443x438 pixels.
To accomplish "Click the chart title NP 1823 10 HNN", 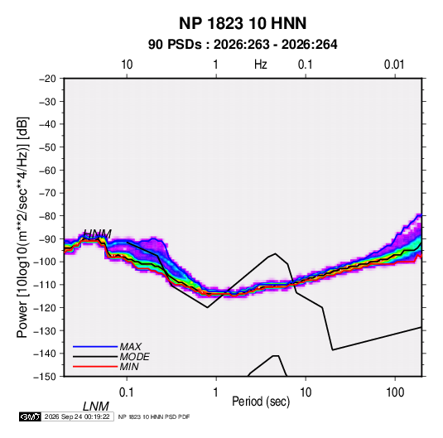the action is (x=243, y=23).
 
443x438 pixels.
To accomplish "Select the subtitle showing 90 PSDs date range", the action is (x=243, y=45).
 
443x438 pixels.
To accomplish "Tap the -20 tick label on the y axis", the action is (x=47, y=79).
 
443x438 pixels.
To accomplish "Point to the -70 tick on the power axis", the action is (x=47, y=193).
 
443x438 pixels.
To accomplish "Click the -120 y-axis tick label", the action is (x=45, y=307).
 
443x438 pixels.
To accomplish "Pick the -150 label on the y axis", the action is (x=45, y=377).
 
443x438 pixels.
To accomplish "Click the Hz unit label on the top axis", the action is (x=261, y=65).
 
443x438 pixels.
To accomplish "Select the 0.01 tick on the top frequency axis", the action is (x=394, y=65).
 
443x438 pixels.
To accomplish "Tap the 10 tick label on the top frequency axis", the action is (x=127, y=65).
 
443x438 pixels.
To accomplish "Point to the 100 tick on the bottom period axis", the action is (x=395, y=392).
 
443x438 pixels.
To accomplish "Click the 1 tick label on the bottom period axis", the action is (x=216, y=392).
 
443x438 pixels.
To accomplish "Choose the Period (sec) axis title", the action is (x=261, y=402).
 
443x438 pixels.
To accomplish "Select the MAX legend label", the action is (x=130, y=347).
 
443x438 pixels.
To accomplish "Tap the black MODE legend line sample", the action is (x=95, y=357).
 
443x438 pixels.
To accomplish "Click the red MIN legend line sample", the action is (x=95, y=367).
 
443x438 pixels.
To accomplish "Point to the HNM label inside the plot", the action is (x=97, y=234).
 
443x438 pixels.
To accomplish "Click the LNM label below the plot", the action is (x=95, y=407).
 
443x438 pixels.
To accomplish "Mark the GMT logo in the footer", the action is (x=30, y=416).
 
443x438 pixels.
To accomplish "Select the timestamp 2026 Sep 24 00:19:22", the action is (x=77, y=416).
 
